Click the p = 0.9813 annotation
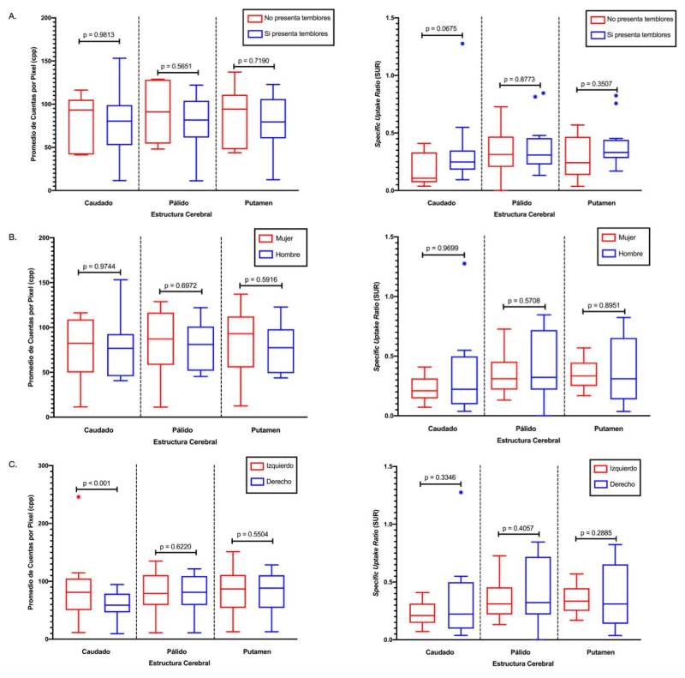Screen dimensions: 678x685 99,35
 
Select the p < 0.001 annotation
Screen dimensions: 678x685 98,483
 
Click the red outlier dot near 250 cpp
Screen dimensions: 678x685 78,496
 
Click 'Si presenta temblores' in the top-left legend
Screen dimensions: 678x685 299,34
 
